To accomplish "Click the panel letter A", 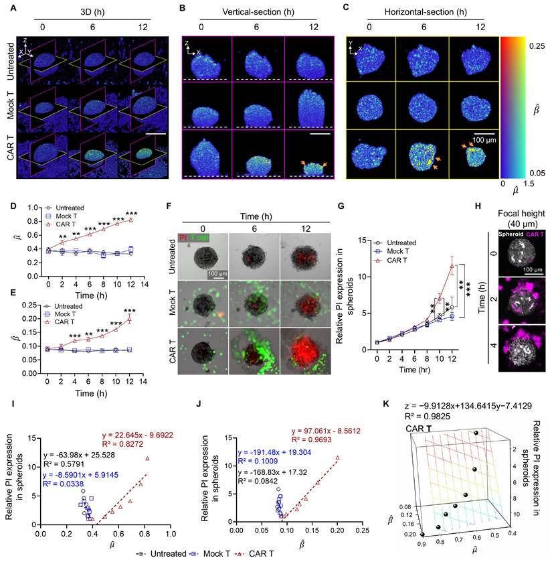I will (x=5, y=6).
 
